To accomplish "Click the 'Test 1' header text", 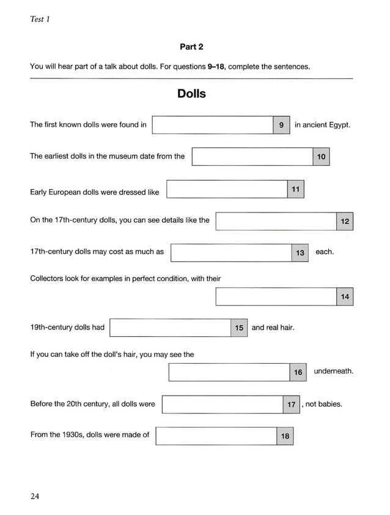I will (40, 19).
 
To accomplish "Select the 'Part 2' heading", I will (191, 47).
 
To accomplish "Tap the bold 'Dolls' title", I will (191, 94).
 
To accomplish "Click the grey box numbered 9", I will (281, 125).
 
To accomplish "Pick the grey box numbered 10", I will (321, 157).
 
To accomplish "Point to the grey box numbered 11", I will (295, 189).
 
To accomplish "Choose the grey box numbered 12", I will (345, 221).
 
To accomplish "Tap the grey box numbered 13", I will (300, 252).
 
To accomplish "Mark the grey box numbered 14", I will (345, 296).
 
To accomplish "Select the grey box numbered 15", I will (239, 328).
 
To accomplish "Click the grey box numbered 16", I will (298, 372).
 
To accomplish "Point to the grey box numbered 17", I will (292, 404).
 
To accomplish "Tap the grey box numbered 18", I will (285, 436).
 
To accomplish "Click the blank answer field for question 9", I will (212, 125).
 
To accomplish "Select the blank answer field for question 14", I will (276, 296).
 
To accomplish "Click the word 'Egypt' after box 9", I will (338, 125).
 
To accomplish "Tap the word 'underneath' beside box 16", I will (334, 371).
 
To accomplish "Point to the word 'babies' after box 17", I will (329, 404).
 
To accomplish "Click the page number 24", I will (35, 497).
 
